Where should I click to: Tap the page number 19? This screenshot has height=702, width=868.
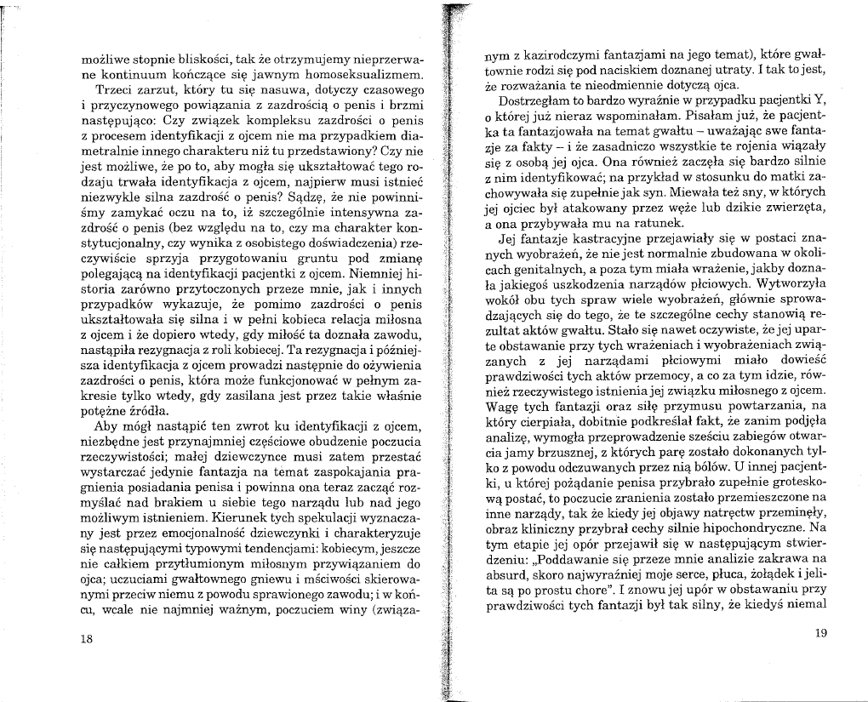(820, 632)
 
